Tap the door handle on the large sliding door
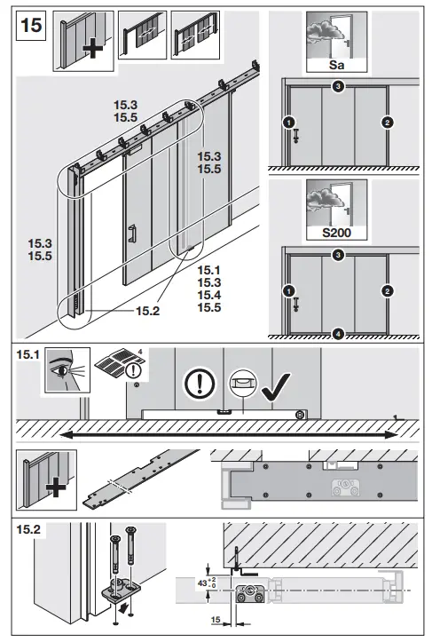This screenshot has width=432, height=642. tap(130, 235)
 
